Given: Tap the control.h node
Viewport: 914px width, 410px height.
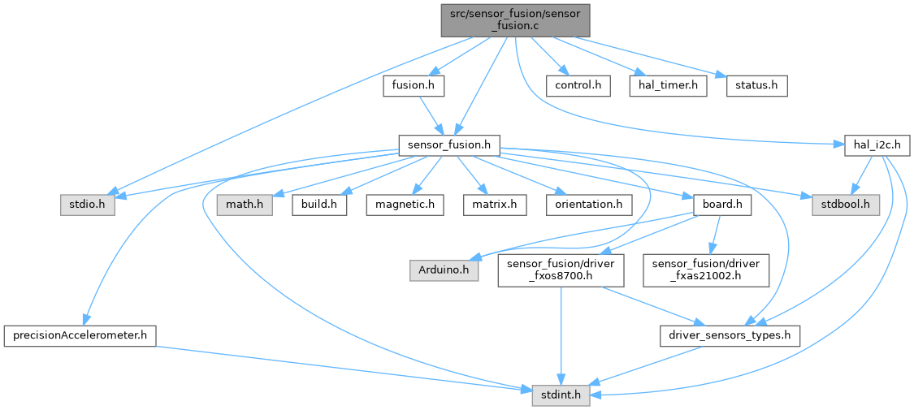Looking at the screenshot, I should [578, 85].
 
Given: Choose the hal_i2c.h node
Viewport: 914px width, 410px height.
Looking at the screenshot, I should [877, 145].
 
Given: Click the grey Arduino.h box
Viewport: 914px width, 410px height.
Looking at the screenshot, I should [444, 270].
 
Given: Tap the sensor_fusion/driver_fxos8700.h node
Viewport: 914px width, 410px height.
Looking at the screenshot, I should [561, 270].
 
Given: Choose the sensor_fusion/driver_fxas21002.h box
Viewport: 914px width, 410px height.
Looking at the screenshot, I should [705, 270].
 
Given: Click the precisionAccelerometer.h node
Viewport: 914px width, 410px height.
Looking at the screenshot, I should [80, 334].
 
